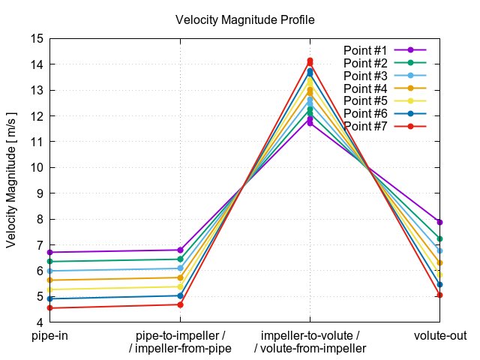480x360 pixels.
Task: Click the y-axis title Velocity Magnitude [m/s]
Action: coord(11,180)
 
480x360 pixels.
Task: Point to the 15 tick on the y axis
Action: coord(36,38)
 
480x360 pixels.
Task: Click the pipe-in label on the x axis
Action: coord(50,335)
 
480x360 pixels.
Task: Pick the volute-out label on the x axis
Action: coord(439,335)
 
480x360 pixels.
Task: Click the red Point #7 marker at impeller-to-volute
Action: coord(310,61)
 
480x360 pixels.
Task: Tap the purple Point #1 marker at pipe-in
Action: coord(50,253)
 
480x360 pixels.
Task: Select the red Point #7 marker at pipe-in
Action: coord(50,308)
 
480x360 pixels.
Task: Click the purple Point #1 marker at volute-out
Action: coord(439,222)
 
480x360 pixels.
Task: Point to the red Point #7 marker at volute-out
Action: coord(439,295)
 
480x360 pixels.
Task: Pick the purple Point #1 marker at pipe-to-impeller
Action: coord(180,250)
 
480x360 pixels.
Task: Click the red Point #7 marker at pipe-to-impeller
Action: coord(180,304)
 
